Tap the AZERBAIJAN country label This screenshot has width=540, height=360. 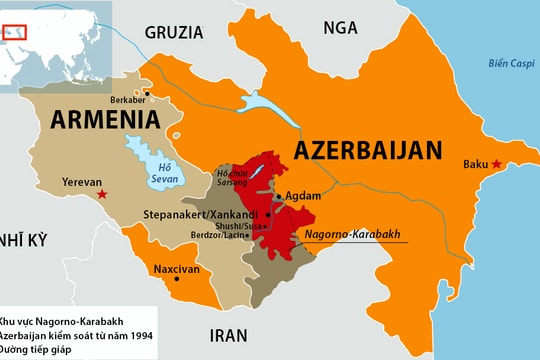click(x=367, y=151)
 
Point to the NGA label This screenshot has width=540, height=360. click(x=341, y=28)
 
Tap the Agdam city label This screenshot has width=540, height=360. click(x=303, y=196)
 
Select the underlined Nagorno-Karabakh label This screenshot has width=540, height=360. click(x=352, y=234)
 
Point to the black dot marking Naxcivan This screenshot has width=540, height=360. click(x=177, y=281)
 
